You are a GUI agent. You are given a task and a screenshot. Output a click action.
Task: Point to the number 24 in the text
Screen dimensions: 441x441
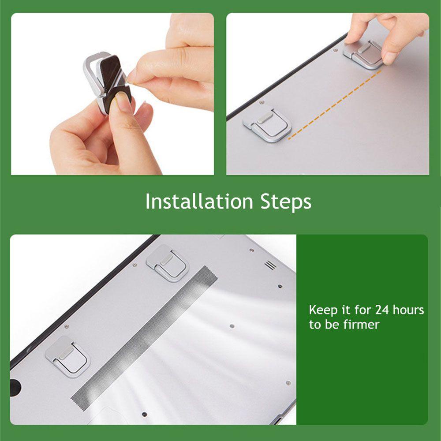[381, 310]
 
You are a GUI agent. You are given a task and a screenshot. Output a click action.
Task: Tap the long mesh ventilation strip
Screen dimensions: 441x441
[146, 335]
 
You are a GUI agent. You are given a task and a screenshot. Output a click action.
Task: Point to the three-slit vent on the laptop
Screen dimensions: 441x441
[269, 265]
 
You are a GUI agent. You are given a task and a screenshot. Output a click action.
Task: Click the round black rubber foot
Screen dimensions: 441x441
[15, 385]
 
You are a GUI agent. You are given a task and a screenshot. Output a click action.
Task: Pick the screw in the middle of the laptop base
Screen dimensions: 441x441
[232, 326]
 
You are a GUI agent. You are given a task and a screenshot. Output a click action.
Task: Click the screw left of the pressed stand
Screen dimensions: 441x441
[336, 50]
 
